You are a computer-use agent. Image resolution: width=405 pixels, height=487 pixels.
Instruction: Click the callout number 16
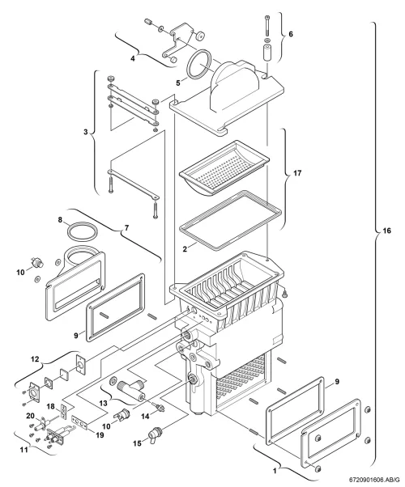click(x=386, y=231)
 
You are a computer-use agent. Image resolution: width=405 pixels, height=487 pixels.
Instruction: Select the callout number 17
click(x=297, y=173)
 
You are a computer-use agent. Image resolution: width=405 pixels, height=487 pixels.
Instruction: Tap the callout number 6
click(x=291, y=34)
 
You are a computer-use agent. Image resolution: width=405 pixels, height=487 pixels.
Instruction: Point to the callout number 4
click(x=133, y=58)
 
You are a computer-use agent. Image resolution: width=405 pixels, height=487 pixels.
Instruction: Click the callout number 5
click(x=178, y=83)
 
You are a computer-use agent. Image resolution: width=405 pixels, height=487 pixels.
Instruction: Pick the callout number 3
click(x=86, y=132)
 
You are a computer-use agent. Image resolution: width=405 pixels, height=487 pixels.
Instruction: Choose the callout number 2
click(x=185, y=249)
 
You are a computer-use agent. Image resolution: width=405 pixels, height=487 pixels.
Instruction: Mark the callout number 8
click(x=60, y=220)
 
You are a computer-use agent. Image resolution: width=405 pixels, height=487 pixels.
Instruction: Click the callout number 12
click(x=35, y=359)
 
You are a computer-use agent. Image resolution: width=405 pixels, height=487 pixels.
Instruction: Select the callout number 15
click(x=137, y=443)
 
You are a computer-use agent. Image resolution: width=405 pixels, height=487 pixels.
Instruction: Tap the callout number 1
click(x=275, y=471)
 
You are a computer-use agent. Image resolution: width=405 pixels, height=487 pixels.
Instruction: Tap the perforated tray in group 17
click(x=224, y=168)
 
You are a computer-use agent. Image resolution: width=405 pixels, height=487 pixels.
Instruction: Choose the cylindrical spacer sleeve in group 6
click(x=266, y=52)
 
